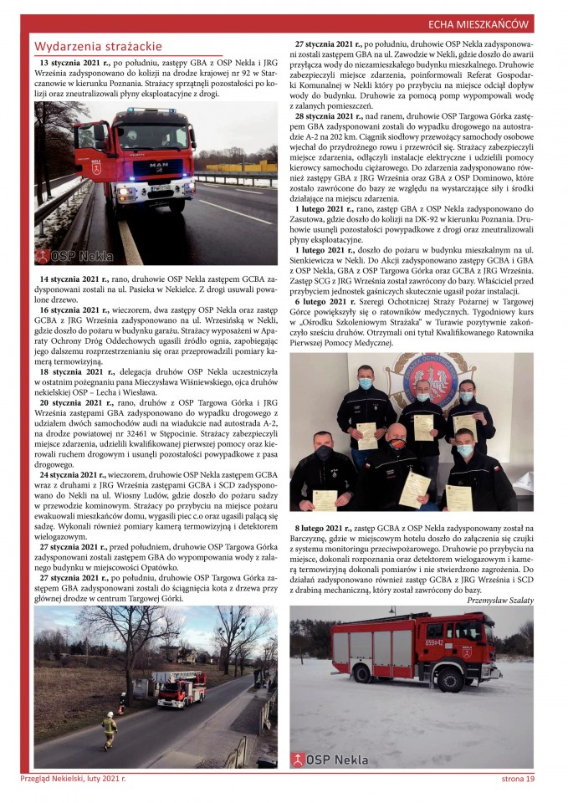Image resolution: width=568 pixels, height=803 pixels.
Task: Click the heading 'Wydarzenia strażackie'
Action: (98, 47)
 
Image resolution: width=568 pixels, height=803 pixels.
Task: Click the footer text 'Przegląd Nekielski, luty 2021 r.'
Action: (74, 779)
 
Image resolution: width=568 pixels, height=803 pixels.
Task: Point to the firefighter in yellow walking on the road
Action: (108, 730)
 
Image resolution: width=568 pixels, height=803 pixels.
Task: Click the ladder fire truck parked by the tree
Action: (180, 688)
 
